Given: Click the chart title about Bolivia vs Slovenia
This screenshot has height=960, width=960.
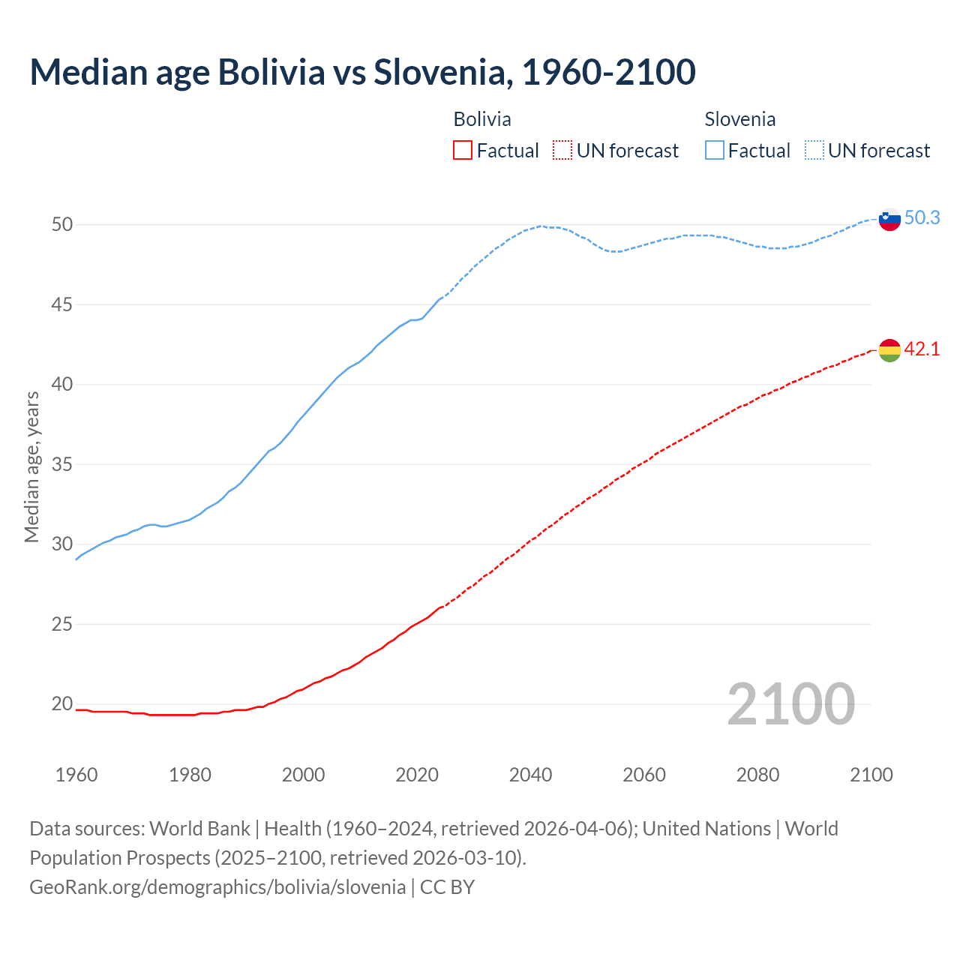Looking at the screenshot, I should pos(362,72).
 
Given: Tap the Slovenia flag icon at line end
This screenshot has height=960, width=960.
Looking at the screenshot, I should pos(889,220).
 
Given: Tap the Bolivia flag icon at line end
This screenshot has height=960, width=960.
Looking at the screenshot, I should pos(889,349).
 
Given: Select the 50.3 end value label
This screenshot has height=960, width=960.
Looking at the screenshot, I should pos(922,217).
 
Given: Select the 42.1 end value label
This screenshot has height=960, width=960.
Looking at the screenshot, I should pos(922,349).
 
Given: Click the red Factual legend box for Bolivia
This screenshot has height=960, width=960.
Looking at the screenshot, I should pos(463,150).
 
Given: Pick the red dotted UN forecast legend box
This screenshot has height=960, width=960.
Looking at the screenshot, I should pos(562,150).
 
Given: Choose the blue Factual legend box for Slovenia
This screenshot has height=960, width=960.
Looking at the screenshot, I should pos(715,150).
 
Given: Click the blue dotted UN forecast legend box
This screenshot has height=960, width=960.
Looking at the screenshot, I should pos(814,150).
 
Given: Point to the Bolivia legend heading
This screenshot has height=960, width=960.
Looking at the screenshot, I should pos(482,119).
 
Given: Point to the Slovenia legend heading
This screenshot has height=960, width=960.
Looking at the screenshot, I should pos(739,119).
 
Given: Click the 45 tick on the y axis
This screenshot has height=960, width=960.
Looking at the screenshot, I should pos(61,304).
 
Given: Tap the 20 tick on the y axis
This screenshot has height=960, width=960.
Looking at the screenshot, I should pos(61,703).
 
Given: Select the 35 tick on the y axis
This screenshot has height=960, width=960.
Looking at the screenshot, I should pos(61,464).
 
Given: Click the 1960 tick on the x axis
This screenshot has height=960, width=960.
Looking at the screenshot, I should pos(76,775).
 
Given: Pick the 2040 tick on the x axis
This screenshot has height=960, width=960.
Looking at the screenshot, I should pos(530,775).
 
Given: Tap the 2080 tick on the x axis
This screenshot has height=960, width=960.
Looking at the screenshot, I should pos(757,775).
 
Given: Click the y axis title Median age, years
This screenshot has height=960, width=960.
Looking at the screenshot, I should pos(31,466).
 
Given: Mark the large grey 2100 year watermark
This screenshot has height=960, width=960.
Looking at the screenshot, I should pos(790,703).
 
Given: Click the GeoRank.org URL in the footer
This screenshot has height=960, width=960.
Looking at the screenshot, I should pos(217,886).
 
